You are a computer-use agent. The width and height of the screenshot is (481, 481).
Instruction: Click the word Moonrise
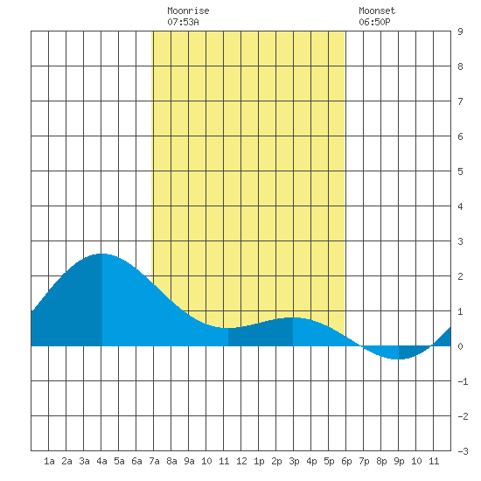click(x=188, y=10)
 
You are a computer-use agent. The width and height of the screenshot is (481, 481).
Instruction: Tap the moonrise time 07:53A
click(x=183, y=22)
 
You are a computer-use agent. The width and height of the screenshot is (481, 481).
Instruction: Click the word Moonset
click(x=377, y=10)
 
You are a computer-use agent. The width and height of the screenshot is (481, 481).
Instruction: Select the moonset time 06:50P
click(x=374, y=22)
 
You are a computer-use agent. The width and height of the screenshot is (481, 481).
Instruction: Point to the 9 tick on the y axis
click(x=460, y=31)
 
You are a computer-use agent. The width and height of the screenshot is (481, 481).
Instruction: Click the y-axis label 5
click(x=460, y=171)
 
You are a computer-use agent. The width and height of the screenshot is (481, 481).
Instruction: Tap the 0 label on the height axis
click(x=460, y=346)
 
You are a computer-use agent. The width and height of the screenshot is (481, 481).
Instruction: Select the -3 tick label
click(x=463, y=451)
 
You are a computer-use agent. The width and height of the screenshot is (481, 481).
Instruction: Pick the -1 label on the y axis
click(x=463, y=381)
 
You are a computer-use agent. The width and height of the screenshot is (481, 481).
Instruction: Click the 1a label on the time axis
click(x=49, y=461)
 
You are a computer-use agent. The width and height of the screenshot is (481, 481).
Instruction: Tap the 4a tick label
click(x=101, y=461)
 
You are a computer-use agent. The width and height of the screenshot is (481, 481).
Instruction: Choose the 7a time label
click(x=154, y=461)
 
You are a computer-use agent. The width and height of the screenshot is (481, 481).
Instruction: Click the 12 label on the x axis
click(x=241, y=461)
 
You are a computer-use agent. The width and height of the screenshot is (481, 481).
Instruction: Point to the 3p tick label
click(x=294, y=461)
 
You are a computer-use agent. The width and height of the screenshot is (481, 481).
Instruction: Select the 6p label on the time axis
click(x=346, y=461)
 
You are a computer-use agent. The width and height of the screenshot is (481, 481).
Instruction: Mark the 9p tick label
click(x=399, y=461)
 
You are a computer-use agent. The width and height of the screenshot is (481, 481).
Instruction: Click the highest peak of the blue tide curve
click(x=101, y=254)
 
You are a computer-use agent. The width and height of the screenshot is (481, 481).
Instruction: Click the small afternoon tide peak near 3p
click(x=293, y=317)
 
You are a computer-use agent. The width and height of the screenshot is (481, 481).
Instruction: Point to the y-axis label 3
click(x=460, y=241)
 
